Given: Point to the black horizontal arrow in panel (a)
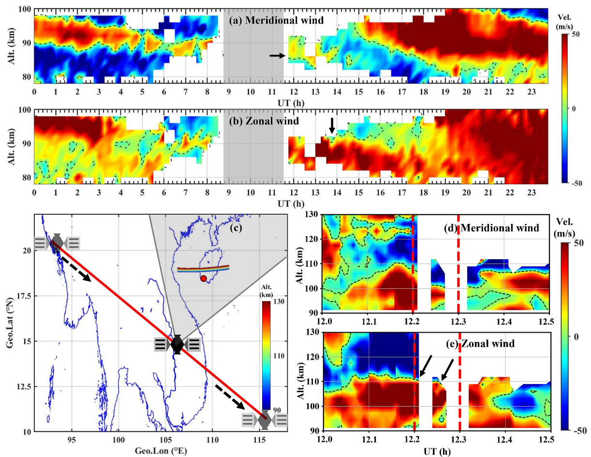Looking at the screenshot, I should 277,56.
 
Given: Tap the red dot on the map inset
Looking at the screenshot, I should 204,278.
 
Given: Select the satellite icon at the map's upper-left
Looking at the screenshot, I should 57,242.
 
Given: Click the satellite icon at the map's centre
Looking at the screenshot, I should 177,344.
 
